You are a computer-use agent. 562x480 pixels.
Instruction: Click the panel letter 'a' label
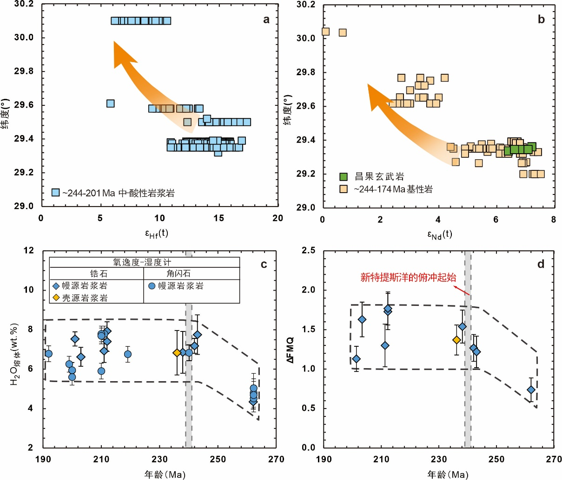click(x=266, y=19)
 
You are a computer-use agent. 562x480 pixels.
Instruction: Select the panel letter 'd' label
click(x=541, y=264)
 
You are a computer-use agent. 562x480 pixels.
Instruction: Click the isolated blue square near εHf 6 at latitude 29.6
click(x=110, y=104)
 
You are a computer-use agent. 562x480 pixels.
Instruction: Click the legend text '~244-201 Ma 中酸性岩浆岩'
click(x=119, y=192)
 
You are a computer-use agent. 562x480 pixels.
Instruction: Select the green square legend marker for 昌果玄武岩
click(x=344, y=176)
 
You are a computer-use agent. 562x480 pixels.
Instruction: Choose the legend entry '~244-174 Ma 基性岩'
click(x=393, y=189)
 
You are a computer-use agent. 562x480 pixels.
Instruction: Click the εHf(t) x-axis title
click(x=157, y=233)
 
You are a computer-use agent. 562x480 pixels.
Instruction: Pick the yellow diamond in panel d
click(x=456, y=340)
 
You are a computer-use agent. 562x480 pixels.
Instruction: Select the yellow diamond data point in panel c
click(x=177, y=353)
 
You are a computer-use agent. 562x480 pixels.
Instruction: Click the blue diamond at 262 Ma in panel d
click(x=531, y=389)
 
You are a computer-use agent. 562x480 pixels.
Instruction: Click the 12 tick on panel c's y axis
click(x=29, y=251)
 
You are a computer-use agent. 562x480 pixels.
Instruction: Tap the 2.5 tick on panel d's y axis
click(x=308, y=251)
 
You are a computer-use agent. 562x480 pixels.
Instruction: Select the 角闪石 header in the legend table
click(x=179, y=274)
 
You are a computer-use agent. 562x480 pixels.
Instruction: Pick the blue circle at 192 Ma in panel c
click(x=48, y=354)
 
